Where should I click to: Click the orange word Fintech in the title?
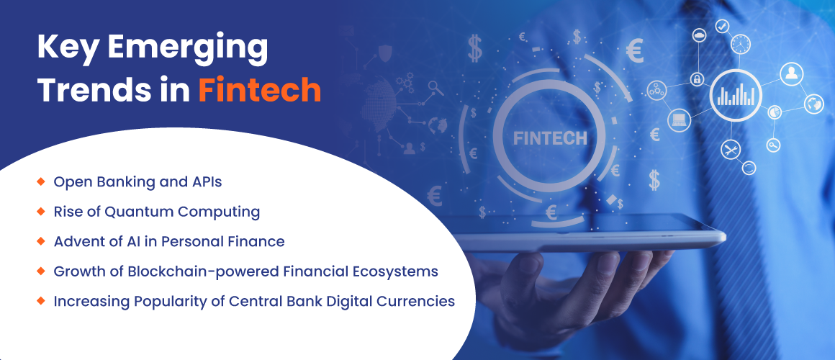[x=260, y=90]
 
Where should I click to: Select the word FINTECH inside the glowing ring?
[x=550, y=138]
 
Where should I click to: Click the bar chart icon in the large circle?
[x=736, y=95]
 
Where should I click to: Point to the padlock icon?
[x=696, y=80]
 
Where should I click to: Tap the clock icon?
[x=740, y=44]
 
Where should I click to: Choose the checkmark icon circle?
[x=722, y=26]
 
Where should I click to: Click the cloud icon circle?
[x=699, y=35]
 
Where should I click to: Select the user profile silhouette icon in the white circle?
[x=791, y=73]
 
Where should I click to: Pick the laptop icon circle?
[x=679, y=120]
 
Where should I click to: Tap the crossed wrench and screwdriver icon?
[x=731, y=150]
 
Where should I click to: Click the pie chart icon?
[x=774, y=112]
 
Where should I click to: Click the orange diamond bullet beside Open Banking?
[x=40, y=181]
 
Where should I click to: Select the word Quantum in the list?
[x=139, y=212]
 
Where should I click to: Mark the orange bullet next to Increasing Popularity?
[x=40, y=300]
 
